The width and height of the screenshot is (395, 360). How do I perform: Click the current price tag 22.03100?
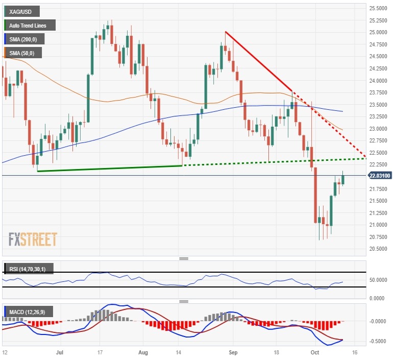tap(380, 176)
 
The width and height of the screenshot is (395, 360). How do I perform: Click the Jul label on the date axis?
tap(59, 353)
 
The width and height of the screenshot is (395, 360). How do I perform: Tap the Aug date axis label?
tap(144, 353)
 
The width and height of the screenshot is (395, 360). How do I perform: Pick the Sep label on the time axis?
tap(233, 353)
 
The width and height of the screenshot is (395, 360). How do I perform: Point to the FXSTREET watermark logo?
tap(33, 238)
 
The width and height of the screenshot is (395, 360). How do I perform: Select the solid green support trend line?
tap(110, 168)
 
